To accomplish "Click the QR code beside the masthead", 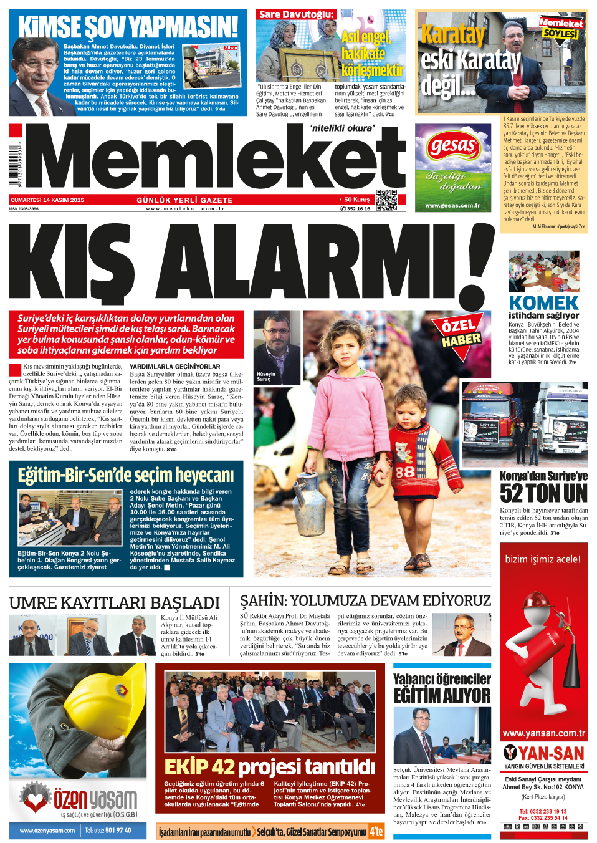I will (386, 200).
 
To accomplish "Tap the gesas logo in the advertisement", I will (452, 147).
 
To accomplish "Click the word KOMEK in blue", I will (543, 302).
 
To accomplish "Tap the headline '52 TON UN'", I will (543, 493).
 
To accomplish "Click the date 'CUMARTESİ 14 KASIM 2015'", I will (47, 200).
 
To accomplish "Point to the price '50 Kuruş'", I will (356, 200).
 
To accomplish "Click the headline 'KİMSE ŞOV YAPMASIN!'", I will (128, 27).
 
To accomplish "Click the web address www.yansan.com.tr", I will (543, 733).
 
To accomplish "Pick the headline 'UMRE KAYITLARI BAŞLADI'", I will (115, 602).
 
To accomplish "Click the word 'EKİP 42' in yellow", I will (199, 766).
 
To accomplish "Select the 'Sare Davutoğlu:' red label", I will (296, 14).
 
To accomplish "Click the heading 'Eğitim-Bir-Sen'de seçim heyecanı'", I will (126, 475).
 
